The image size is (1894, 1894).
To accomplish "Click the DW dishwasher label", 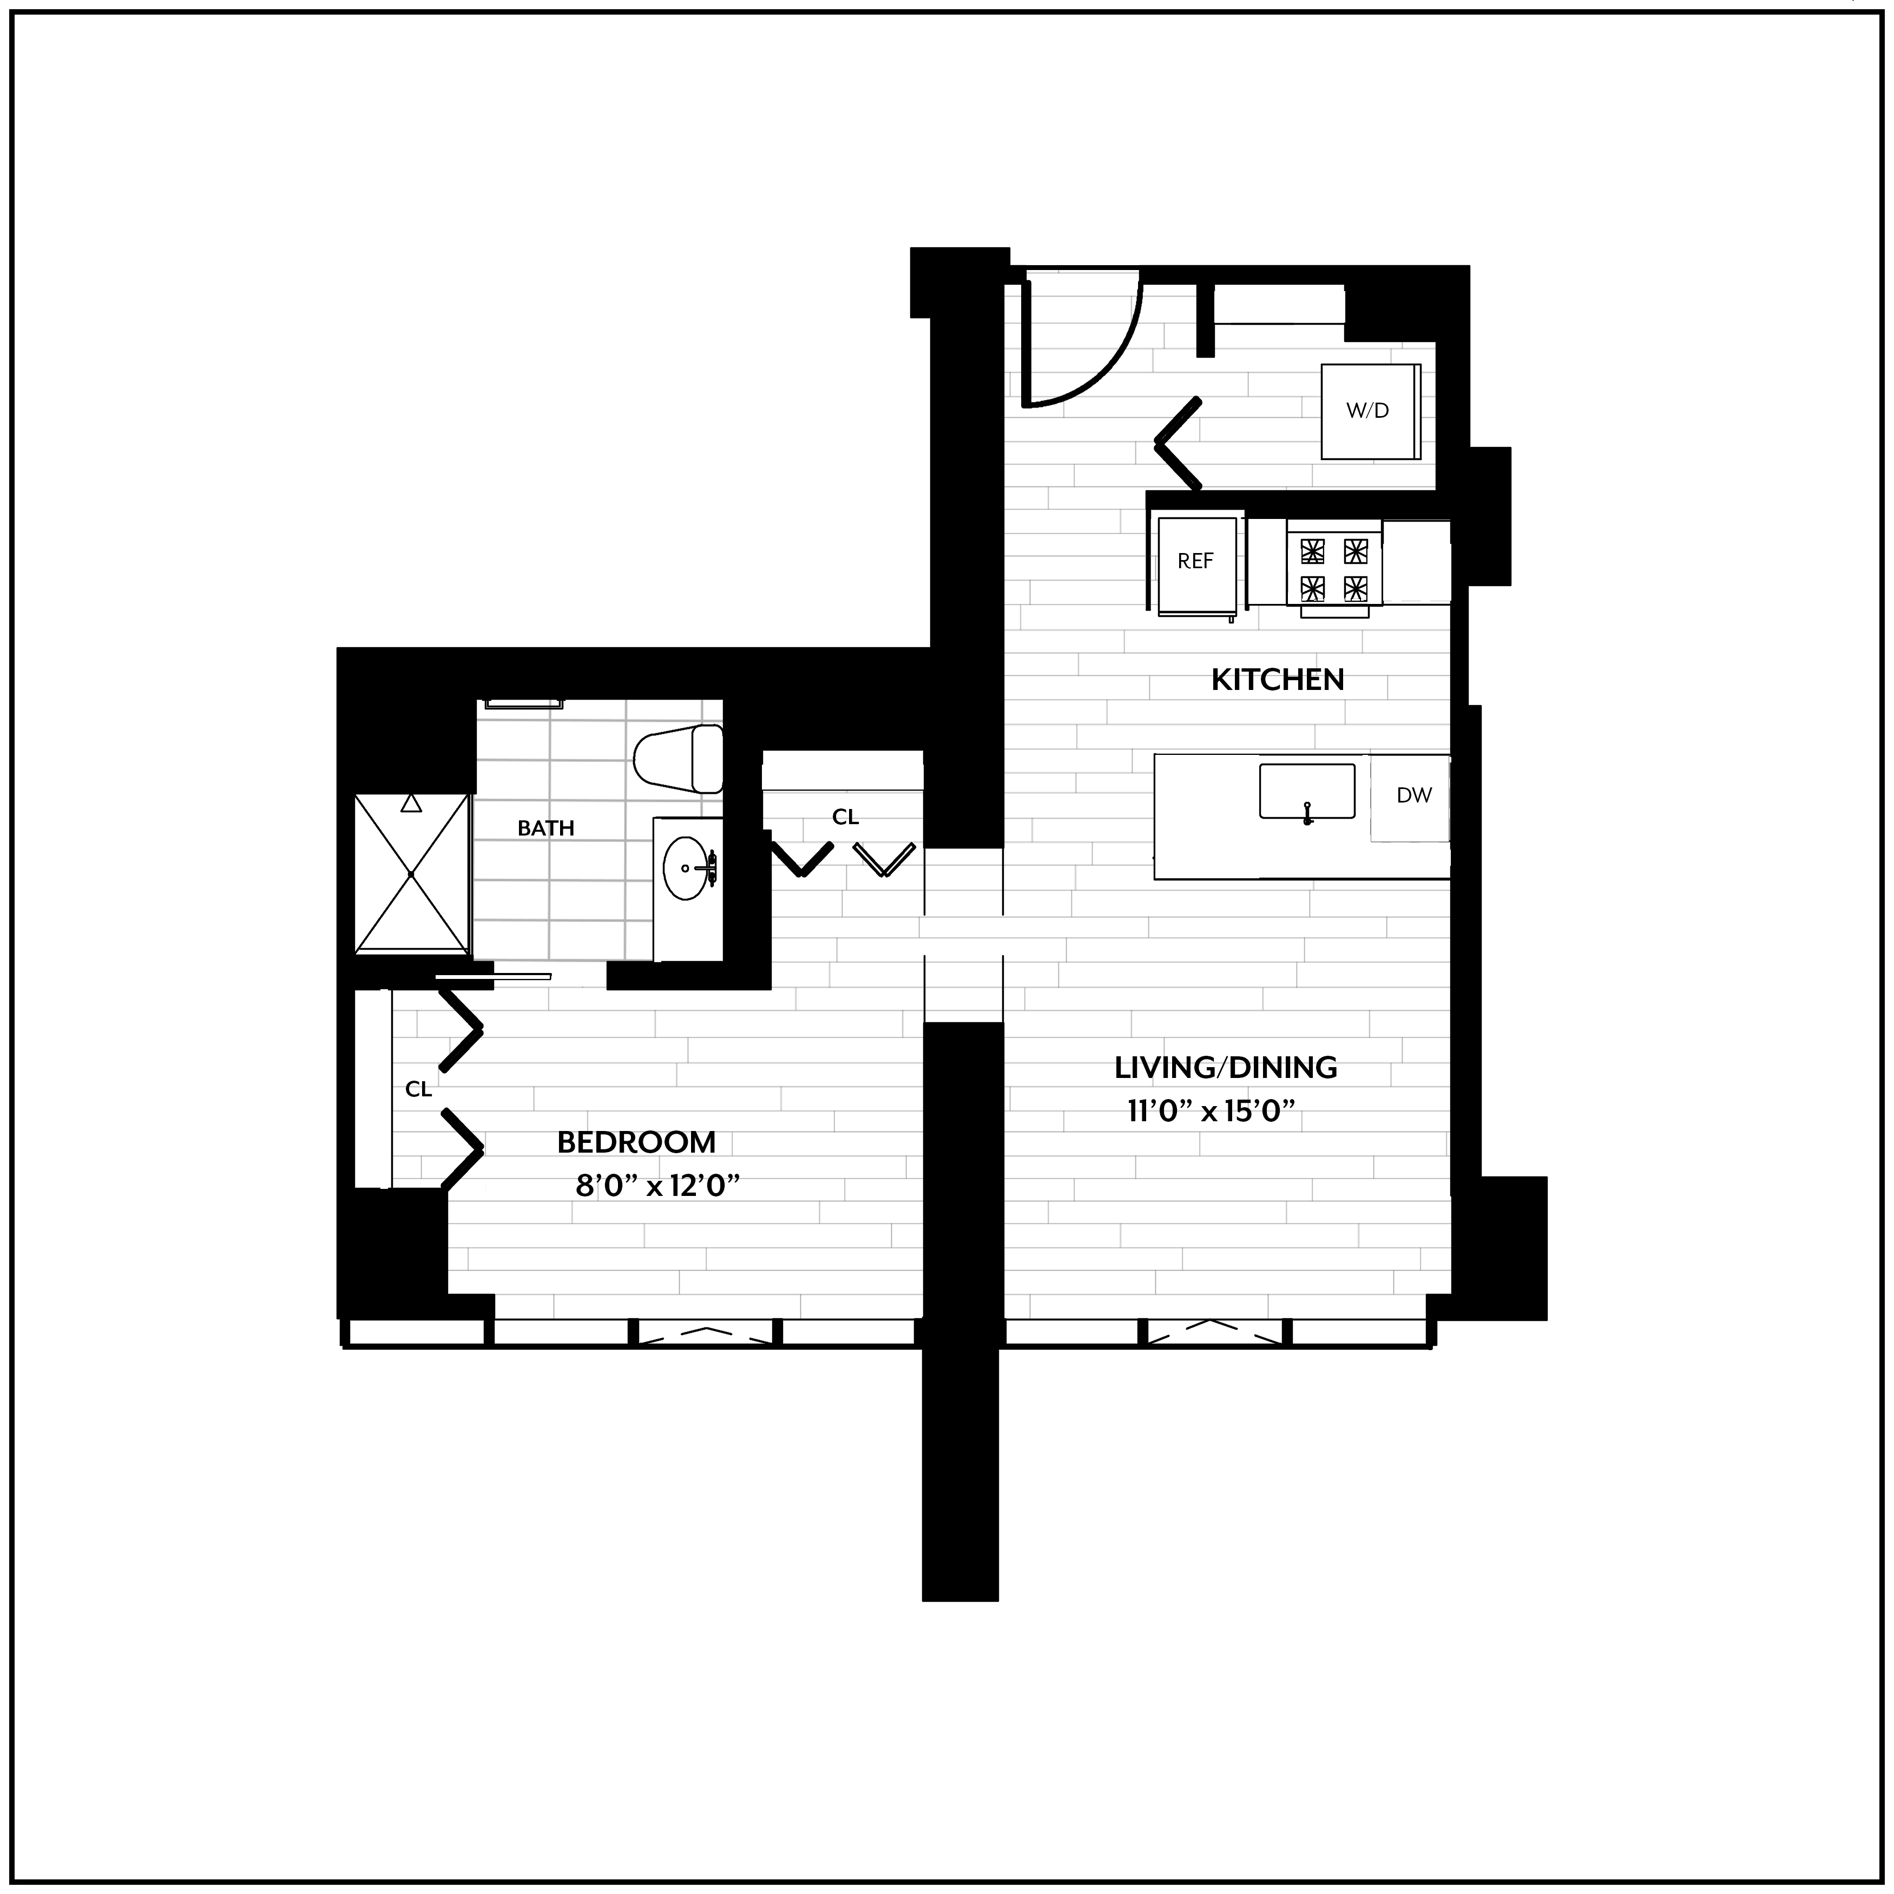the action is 1413,795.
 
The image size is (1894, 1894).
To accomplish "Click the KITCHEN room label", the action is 1278,679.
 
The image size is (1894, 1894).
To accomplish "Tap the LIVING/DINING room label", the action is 1225,1067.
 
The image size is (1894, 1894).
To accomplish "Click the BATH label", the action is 546,828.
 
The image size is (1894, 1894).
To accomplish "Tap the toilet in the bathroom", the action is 679,760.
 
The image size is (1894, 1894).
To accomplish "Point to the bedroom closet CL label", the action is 419,1089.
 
